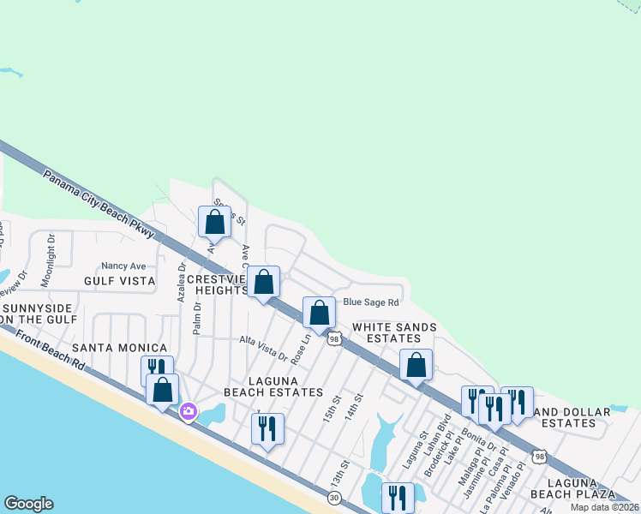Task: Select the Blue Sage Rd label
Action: click(x=371, y=302)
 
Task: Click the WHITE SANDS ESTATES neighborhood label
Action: click(x=394, y=333)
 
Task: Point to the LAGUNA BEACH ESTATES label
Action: click(x=273, y=386)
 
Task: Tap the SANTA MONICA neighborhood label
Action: click(x=118, y=347)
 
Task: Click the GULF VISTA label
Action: click(x=119, y=281)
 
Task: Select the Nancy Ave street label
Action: click(x=123, y=266)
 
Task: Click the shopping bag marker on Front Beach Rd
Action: click(x=162, y=390)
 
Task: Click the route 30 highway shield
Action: click(x=335, y=496)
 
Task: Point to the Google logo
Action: click(x=27, y=504)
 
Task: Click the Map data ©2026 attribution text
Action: click(x=604, y=507)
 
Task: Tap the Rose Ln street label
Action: click(x=298, y=347)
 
